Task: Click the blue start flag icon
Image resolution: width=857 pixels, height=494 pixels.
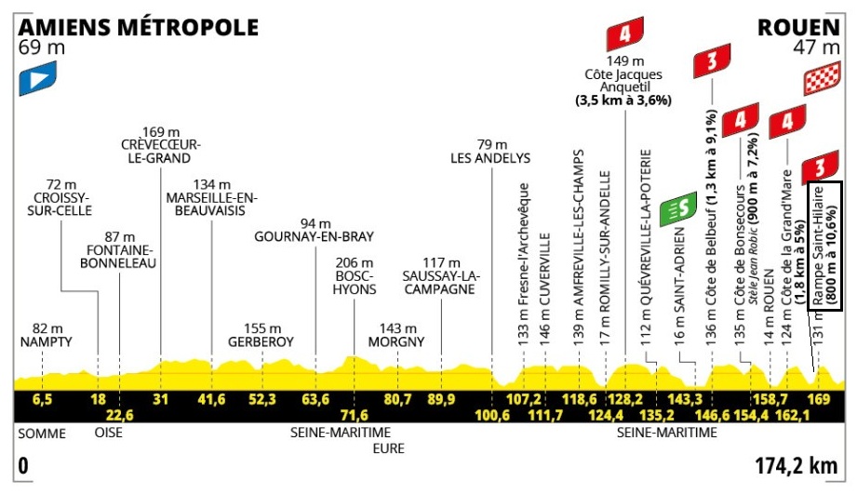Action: coord(36,78)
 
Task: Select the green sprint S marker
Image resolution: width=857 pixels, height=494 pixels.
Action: coord(684,210)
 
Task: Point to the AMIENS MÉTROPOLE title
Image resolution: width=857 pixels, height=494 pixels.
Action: coord(138,27)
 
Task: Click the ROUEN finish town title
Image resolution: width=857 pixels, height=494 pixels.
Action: coord(800,27)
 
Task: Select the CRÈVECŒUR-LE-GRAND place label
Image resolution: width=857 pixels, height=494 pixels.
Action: coord(161,151)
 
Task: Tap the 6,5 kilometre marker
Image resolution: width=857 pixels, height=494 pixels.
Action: coord(42,400)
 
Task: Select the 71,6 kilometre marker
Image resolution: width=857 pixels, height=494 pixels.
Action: coord(355,415)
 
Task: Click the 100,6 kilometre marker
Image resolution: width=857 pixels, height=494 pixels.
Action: coord(492,415)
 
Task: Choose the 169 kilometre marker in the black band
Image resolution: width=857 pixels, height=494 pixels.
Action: coord(819,400)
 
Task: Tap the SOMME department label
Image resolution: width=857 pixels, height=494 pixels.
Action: coord(38,433)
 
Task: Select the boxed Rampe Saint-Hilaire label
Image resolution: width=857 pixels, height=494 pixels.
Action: coord(825,246)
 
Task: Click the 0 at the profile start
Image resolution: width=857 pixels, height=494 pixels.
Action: coord(21,463)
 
